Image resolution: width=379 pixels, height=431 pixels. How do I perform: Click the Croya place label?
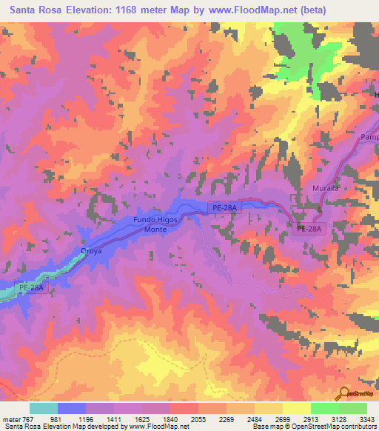(91, 251)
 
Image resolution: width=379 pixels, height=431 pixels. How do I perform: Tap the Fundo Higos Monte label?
(155, 225)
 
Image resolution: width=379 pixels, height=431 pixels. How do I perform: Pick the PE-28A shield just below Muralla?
(309, 230)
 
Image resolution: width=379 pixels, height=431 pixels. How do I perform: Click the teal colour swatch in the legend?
(44, 408)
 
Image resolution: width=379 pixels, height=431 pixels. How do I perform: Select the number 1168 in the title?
(135, 10)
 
